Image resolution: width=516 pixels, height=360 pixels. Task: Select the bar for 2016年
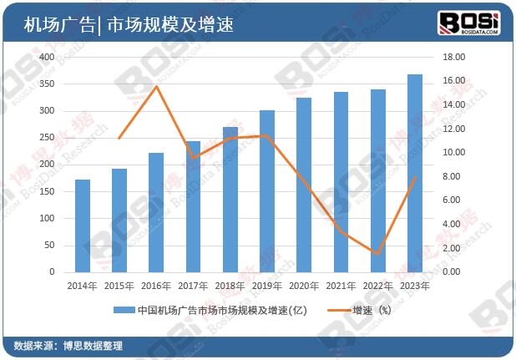pyautogui.click(x=156, y=212)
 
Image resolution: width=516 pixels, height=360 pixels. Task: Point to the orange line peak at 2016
pyautogui.click(x=156, y=87)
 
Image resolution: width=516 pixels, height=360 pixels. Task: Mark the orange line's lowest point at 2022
pyautogui.click(x=377, y=254)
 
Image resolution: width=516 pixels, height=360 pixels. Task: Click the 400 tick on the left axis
pyautogui.click(x=47, y=58)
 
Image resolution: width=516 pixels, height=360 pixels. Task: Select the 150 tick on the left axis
pyautogui.click(x=47, y=191)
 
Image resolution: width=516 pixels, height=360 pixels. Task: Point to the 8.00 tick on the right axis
pyautogui.click(x=452, y=176)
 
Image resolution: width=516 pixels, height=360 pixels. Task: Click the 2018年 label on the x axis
pyautogui.click(x=230, y=286)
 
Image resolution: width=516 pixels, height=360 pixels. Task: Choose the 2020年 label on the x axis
pyautogui.click(x=304, y=286)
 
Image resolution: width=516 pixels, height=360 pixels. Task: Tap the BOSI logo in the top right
pyautogui.click(x=468, y=22)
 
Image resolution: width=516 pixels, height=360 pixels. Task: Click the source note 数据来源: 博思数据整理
pyautogui.click(x=69, y=346)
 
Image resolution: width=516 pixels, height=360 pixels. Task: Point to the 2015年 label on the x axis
pyautogui.click(x=119, y=286)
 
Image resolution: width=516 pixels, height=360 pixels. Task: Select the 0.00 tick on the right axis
pyautogui.click(x=450, y=272)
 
